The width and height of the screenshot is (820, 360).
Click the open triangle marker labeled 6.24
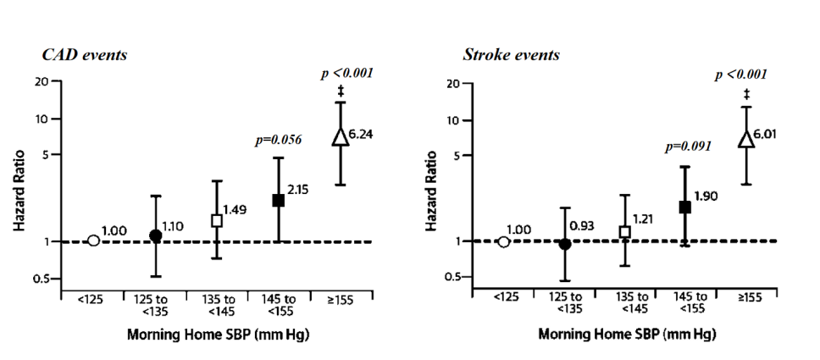point(340,137)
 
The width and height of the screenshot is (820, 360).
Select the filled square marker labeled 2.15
point(278,201)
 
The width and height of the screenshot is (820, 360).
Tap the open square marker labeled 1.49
point(216,220)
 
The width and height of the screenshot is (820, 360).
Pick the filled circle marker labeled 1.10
point(155,236)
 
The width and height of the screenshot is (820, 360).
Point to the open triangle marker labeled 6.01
point(746,139)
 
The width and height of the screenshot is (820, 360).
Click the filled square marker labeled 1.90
point(685,207)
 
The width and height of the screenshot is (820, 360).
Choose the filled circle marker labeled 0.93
point(564,244)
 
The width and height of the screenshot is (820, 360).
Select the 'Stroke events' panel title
point(511,56)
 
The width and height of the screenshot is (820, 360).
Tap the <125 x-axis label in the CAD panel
point(93,300)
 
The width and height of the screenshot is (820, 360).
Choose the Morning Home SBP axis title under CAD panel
point(218,334)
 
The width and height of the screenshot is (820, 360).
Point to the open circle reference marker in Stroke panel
point(504,242)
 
